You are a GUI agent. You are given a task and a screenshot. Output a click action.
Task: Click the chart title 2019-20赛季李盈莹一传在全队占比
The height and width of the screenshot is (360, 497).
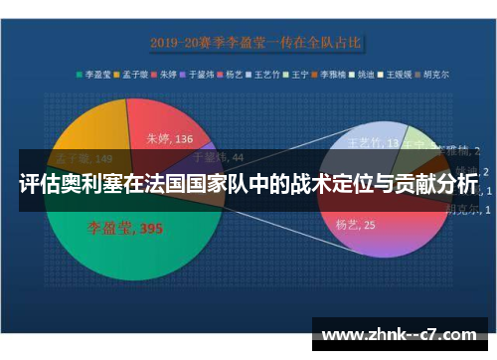(255, 43)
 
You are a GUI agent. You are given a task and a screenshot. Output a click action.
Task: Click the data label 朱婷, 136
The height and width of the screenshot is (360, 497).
(170, 139)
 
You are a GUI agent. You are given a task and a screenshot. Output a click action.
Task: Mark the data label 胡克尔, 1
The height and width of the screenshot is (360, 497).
(462, 208)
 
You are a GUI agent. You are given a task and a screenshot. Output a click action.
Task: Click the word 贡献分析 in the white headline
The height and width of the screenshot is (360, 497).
(429, 185)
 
